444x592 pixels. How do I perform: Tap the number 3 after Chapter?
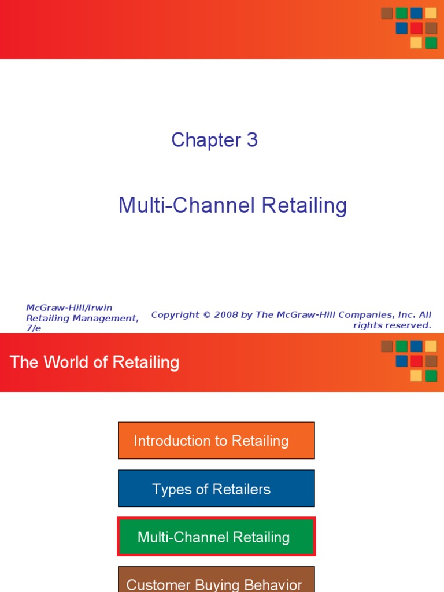tap(251, 140)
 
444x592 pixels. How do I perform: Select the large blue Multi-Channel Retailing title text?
tap(232, 205)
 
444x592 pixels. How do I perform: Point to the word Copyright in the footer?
tap(174, 315)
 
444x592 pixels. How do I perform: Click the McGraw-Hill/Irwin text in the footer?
tap(69, 308)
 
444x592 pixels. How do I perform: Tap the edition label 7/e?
tap(34, 328)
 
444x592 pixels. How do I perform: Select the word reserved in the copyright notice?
tap(411, 325)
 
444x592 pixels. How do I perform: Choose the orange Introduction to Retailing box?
tap(216, 441)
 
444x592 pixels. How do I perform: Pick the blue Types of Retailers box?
tap(216, 489)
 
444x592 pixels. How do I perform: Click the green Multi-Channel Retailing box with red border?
tap(216, 536)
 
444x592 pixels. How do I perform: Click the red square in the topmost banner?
tap(416, 28)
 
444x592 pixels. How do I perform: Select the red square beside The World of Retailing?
tap(416, 361)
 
